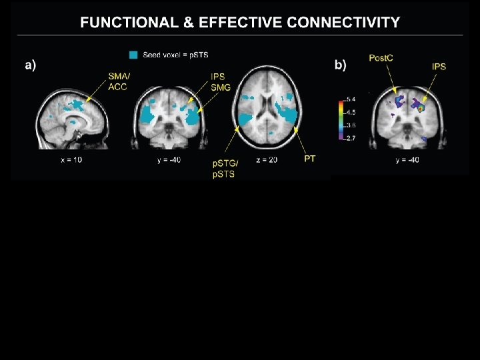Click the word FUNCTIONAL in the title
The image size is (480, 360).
click(127, 23)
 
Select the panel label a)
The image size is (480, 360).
click(31, 65)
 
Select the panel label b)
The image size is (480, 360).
click(340, 65)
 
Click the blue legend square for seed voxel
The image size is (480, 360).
click(134, 54)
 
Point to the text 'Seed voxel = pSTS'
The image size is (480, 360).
click(175, 54)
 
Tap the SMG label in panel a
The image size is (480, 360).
click(219, 87)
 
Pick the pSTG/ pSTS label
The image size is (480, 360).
click(224, 169)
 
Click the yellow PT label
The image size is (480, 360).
click(310, 159)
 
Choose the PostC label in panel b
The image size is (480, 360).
click(381, 59)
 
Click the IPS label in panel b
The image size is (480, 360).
click(439, 67)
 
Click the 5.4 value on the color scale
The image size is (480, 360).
click(351, 99)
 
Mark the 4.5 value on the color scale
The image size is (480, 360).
click(351, 112)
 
